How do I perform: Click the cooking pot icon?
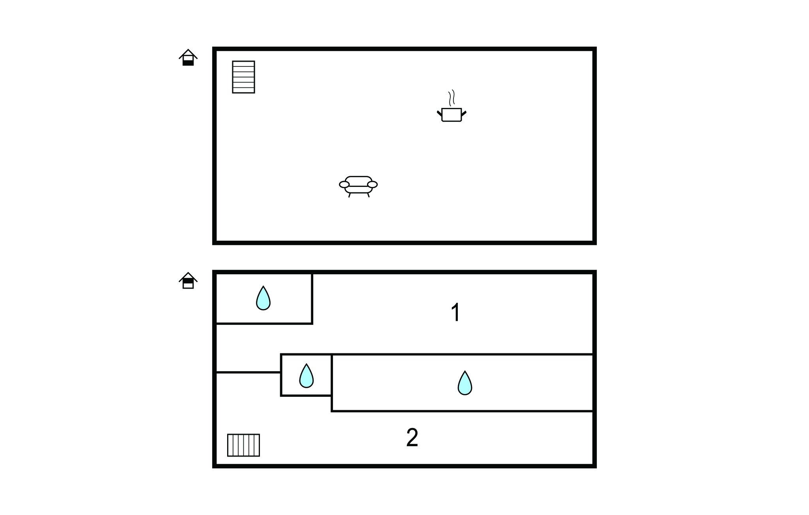click(452, 114)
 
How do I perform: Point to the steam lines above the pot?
click(452, 97)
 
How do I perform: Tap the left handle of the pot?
click(439, 113)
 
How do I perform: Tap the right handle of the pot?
click(464, 113)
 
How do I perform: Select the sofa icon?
click(358, 186)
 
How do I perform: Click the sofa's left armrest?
click(344, 184)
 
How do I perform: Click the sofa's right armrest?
click(372, 184)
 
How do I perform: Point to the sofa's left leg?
click(350, 195)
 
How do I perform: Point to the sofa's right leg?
click(368, 195)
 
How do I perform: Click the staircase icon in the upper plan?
click(243, 77)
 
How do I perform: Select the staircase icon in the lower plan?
click(243, 445)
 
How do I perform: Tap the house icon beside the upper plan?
click(188, 57)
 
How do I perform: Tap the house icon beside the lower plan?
click(188, 281)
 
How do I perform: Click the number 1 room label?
click(456, 312)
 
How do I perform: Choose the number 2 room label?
click(412, 438)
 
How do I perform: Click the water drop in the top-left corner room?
click(263, 298)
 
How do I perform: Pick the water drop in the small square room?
click(306, 376)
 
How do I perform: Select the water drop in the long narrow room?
click(465, 383)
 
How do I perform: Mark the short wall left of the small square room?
click(248, 372)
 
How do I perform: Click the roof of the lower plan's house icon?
click(188, 275)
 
